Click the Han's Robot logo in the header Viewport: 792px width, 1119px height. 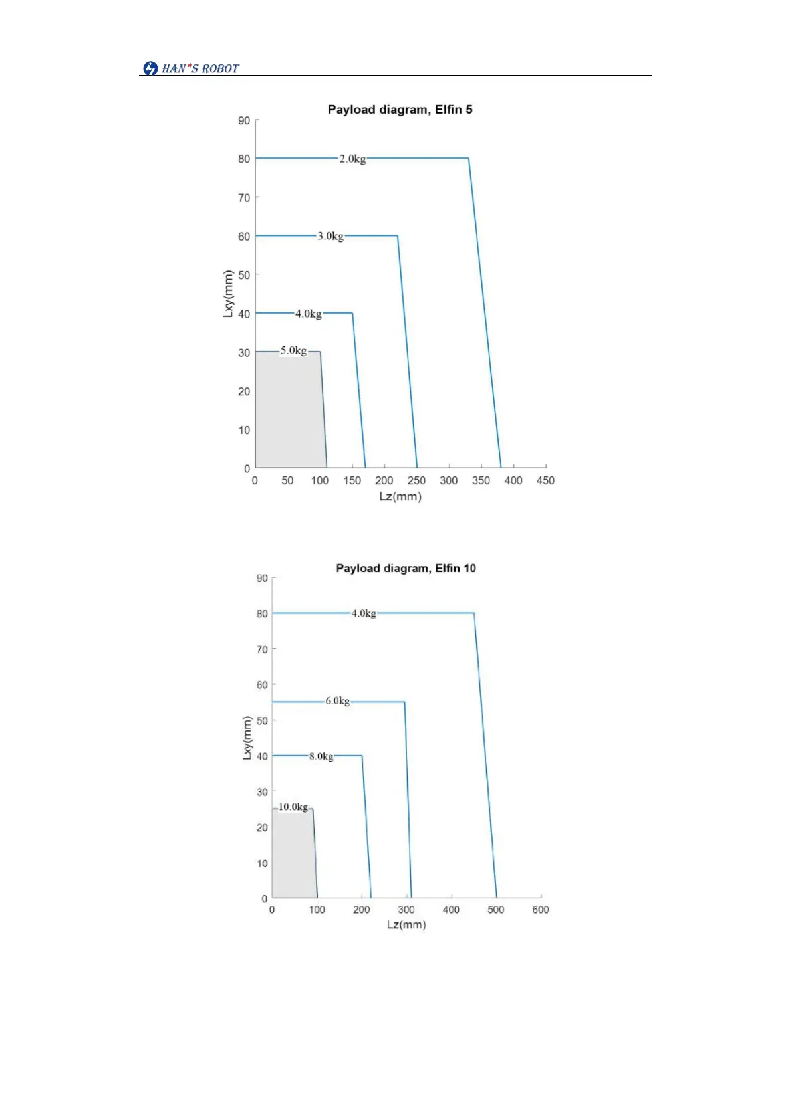191,68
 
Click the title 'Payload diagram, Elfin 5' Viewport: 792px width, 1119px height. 400,110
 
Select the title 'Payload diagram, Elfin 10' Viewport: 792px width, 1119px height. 406,568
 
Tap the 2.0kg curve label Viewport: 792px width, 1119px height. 352,159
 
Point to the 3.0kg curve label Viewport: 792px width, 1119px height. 330,236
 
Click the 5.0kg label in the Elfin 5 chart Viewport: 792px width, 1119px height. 293,350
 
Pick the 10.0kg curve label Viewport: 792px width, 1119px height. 293,807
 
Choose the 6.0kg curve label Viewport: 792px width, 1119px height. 337,701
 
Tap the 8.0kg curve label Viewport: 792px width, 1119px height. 321,756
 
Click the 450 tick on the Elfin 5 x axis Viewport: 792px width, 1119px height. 545,480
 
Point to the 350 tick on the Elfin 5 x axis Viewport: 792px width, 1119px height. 481,480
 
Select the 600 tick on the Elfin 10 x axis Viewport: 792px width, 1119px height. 541,910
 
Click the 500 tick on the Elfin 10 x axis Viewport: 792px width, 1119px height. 496,910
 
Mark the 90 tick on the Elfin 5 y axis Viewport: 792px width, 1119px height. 244,120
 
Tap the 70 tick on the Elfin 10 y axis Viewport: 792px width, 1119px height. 263,649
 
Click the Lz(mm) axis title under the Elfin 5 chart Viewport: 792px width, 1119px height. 400,496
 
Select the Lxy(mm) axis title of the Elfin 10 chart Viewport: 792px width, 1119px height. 247,738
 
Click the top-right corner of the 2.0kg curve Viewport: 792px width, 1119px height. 469,158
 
